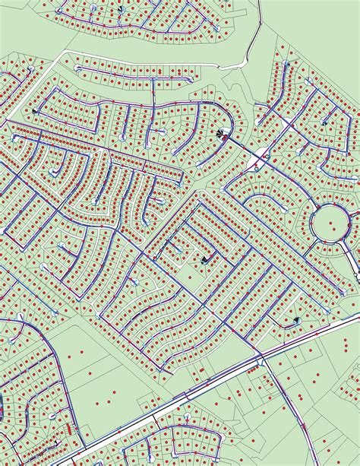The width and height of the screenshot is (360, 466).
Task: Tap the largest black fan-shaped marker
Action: pyautogui.click(x=221, y=135)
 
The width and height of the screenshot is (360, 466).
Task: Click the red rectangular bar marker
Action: pyautogui.click(x=70, y=428)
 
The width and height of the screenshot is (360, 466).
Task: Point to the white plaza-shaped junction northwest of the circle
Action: pyautogui.click(x=258, y=160)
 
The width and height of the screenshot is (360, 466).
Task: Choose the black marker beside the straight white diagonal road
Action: pyautogui.click(x=34, y=111)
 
